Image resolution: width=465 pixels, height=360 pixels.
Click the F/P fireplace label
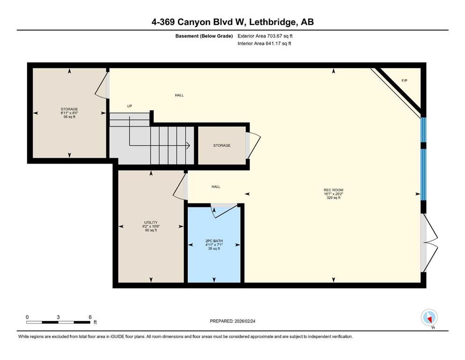[x=404, y=81]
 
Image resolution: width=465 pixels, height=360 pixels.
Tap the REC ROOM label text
[x=333, y=190]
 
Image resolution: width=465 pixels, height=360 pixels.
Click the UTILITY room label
[x=151, y=222]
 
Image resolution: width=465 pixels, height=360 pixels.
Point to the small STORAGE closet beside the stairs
[x=221, y=146]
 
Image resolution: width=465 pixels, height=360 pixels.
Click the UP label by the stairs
[x=129, y=106]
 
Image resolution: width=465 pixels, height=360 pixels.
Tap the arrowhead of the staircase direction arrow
[x=187, y=146]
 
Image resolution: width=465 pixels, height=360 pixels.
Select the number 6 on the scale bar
[x=89, y=317]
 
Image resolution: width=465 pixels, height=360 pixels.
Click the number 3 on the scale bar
[x=58, y=317]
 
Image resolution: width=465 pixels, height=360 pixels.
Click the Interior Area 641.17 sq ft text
[x=265, y=44]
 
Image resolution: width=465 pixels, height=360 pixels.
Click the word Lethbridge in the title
[x=276, y=22]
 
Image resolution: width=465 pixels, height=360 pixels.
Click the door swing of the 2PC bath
[x=218, y=210]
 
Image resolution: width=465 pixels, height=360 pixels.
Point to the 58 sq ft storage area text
[x=69, y=117]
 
